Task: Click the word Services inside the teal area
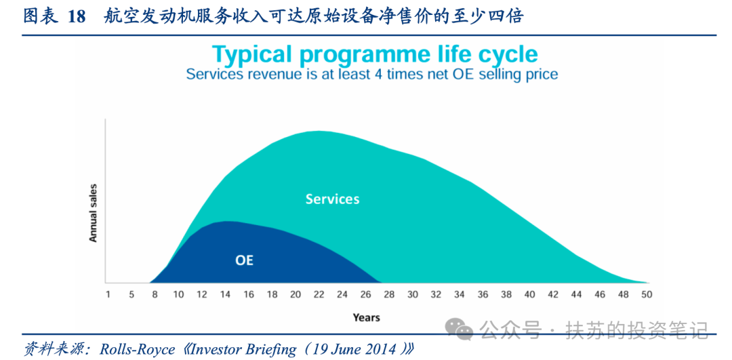[x=332, y=199]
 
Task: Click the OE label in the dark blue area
[x=244, y=260]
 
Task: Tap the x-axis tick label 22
[x=319, y=295]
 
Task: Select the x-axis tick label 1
[x=108, y=295]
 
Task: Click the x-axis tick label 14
[x=225, y=295]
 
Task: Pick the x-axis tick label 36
[x=483, y=295]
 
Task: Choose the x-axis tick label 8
[x=155, y=295]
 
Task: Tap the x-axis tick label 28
[x=389, y=295]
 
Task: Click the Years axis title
[x=366, y=318]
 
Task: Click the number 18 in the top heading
[x=77, y=17]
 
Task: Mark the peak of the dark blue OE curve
[x=226, y=221]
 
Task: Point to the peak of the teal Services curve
[x=319, y=132]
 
